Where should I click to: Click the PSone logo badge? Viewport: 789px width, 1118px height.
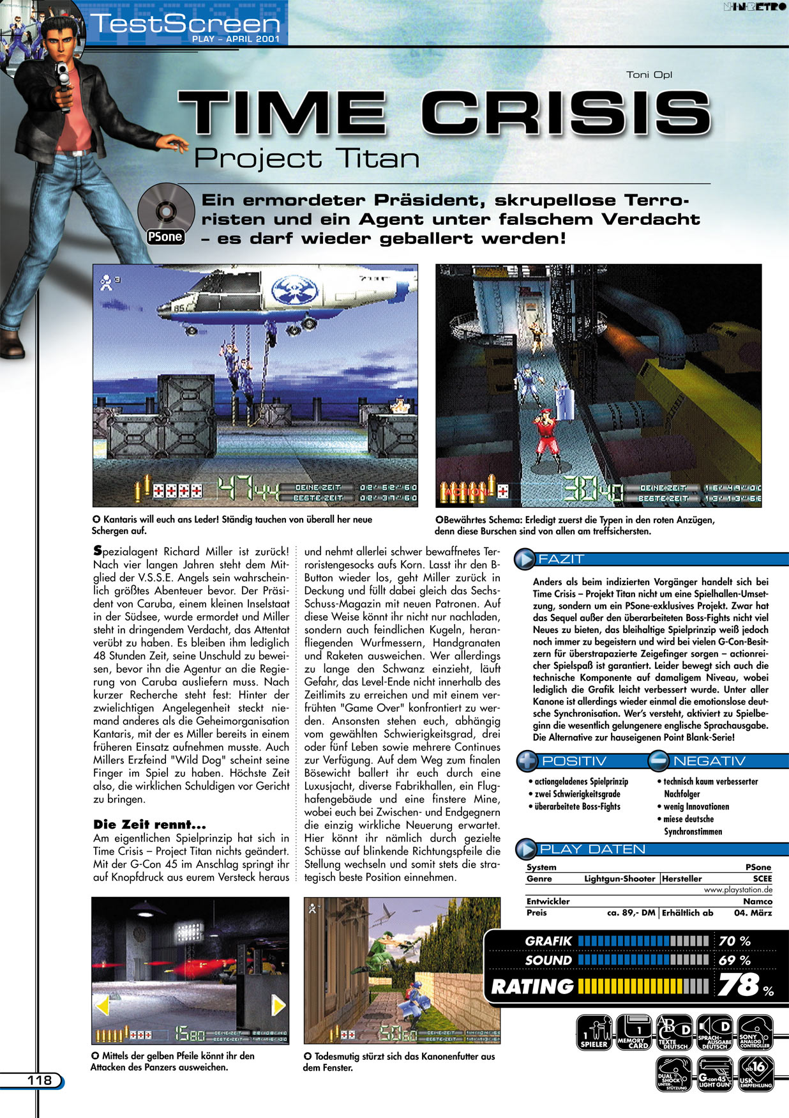point(165,236)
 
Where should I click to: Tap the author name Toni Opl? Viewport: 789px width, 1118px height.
point(649,75)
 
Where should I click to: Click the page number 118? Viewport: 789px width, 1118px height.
point(40,1080)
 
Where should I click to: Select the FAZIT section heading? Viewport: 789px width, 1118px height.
point(561,559)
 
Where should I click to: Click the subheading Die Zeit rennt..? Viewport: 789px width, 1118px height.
point(149,824)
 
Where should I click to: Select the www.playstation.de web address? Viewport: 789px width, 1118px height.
point(738,890)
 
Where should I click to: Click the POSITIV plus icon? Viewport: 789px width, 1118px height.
point(528,761)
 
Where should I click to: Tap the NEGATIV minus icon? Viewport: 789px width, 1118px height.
point(658,761)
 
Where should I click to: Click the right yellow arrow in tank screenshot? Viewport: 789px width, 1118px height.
point(278,1006)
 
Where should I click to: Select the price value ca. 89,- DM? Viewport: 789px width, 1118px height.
point(631,913)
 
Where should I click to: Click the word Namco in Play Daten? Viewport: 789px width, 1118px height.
point(757,901)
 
